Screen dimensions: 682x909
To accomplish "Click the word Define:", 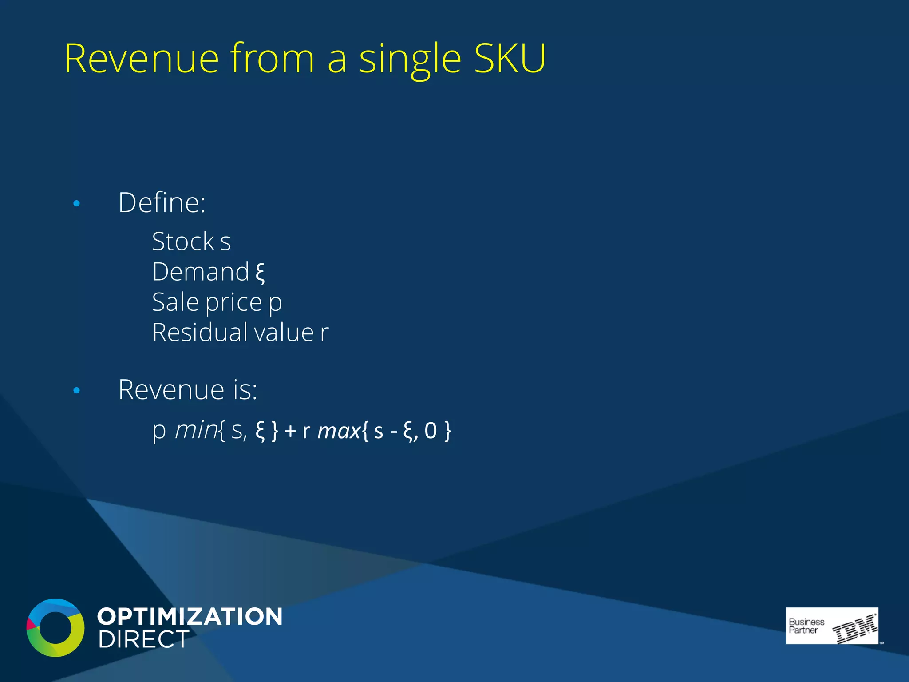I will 162,203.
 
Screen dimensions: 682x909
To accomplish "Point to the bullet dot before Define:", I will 77,204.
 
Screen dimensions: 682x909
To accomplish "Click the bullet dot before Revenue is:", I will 77,391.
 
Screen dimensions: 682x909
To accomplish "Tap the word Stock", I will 183,242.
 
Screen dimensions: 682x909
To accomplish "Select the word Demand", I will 201,272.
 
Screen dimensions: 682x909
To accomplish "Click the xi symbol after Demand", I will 260,273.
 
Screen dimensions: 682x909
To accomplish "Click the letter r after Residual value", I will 324,333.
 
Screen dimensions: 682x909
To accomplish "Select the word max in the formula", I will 339,431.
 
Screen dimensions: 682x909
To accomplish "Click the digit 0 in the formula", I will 431,431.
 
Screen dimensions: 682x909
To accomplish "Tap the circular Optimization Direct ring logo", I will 55,627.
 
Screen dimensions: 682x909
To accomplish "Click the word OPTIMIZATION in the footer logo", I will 190,617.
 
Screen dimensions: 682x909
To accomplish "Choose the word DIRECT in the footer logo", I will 143,639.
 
